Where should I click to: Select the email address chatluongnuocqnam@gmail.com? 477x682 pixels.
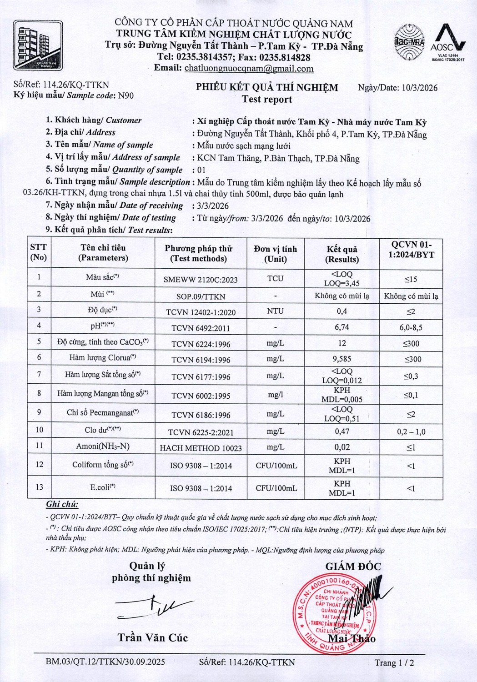(249, 69)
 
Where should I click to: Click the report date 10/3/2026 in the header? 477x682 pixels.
(419, 88)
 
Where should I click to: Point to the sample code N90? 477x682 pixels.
(126, 95)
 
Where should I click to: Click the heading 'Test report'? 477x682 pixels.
(266, 100)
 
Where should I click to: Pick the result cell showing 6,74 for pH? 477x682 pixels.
(342, 327)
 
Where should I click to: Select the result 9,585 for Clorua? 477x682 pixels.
(342, 359)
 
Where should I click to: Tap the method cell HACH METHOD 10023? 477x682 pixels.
(201, 448)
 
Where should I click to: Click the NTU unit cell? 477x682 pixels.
(275, 311)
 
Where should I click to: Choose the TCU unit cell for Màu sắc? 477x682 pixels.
(275, 278)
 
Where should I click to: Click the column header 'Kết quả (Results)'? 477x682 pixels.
(342, 254)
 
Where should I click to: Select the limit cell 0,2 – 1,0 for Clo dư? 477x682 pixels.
(411, 431)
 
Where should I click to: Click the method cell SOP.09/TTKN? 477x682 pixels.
(201, 296)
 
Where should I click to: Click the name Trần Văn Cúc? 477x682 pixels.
(153, 637)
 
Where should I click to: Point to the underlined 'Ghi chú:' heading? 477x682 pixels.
(62, 504)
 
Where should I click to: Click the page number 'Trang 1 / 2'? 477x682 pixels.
(394, 662)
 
